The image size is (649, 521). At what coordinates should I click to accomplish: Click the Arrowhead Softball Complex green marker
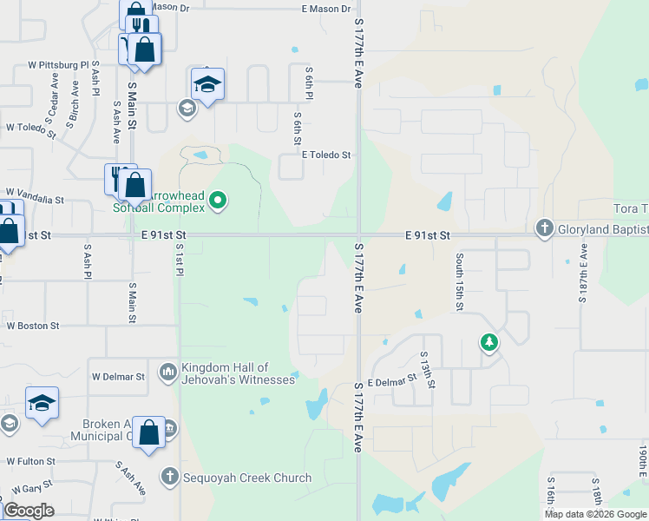[x=219, y=201]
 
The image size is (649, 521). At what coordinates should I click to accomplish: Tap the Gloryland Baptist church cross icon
[x=544, y=228]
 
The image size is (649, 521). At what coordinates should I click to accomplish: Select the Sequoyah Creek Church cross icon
[x=169, y=477]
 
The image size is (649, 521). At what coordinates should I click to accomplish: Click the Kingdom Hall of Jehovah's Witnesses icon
[x=167, y=373]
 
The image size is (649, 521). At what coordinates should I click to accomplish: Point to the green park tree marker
[x=489, y=342]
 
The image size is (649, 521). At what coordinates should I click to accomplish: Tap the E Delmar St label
[x=387, y=382]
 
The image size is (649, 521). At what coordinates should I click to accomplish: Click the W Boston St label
[x=33, y=326]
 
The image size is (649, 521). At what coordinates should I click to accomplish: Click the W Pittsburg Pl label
[x=59, y=65]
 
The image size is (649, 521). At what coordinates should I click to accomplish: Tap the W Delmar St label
[x=118, y=377]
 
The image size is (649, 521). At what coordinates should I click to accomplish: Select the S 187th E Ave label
[x=583, y=273]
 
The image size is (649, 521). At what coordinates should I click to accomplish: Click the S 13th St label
[x=425, y=368]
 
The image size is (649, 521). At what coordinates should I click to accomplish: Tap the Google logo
[x=29, y=511]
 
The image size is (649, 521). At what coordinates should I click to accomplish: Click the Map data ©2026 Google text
[x=595, y=514]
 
